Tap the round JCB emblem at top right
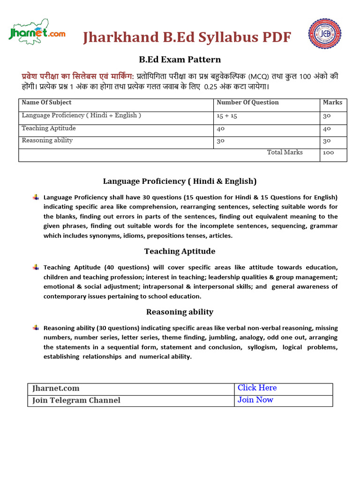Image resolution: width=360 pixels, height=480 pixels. click(324, 34)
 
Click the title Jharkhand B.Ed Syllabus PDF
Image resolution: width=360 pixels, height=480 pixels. click(187, 37)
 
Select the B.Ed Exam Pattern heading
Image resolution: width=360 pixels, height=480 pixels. click(180, 60)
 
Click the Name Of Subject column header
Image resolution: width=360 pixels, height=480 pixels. click(46, 102)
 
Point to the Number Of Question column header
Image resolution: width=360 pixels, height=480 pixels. click(247, 102)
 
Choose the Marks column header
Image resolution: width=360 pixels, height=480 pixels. click(332, 102)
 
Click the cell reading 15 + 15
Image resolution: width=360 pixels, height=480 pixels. click(227, 116)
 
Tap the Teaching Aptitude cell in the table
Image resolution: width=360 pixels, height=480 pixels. click(49, 128)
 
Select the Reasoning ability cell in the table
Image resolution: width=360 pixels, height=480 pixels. click(47, 141)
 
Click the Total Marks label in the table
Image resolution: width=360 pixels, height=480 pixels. click(285, 152)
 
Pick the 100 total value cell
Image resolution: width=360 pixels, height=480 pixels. click(329, 153)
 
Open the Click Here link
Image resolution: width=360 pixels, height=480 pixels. click(257, 388)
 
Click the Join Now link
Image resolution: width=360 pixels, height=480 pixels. click(255, 400)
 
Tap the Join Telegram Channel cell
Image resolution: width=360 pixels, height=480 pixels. click(76, 400)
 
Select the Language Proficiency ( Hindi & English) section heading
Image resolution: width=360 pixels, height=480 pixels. click(180, 181)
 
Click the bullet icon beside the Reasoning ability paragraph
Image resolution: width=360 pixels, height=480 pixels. click(36, 328)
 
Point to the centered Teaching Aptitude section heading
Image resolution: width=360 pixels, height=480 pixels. click(180, 251)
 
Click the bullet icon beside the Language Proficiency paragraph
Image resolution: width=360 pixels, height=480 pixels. click(36, 197)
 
